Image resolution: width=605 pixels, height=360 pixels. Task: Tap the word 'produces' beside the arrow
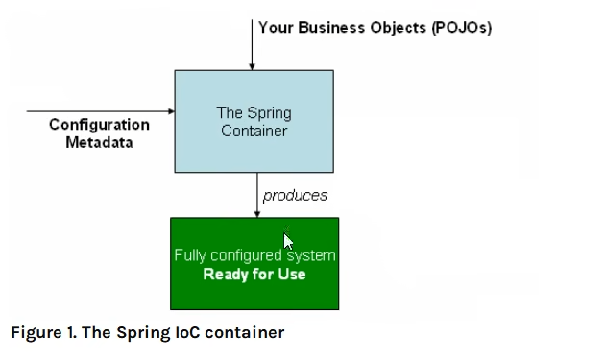295,195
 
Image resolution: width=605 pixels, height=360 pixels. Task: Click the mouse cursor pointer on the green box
287,240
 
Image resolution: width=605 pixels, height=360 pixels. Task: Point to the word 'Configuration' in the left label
99,125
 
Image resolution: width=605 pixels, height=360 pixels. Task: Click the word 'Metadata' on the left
99,142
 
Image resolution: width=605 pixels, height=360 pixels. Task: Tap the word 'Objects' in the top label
396,27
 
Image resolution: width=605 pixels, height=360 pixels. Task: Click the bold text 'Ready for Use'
254,274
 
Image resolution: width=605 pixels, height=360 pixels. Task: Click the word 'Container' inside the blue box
254,131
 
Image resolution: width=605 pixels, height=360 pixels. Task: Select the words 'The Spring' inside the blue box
254,113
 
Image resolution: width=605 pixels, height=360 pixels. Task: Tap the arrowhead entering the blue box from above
253,66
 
